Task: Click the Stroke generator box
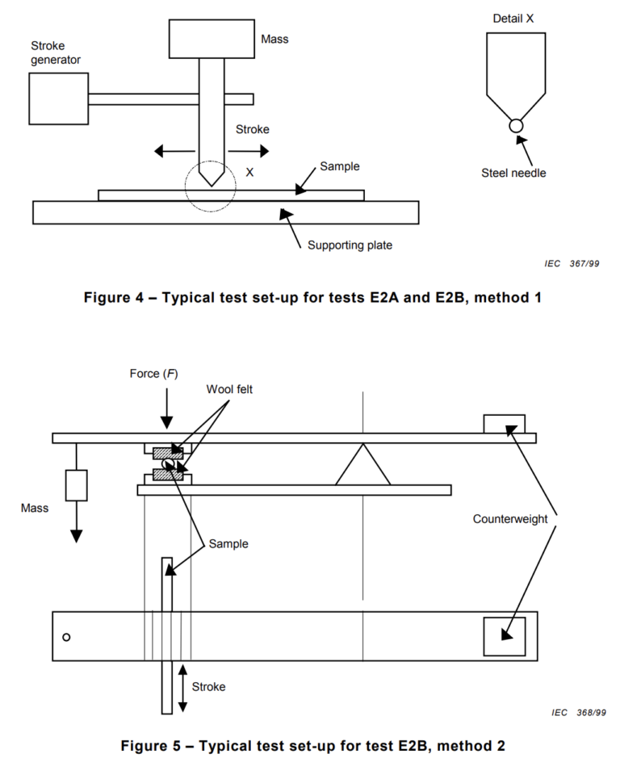point(58,98)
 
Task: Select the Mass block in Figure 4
point(212,38)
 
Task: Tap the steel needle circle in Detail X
point(516,125)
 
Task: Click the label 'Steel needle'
point(513,173)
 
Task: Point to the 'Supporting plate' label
point(350,245)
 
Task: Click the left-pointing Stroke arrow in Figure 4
point(176,151)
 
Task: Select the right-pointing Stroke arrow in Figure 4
point(249,151)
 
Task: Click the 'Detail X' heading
point(513,17)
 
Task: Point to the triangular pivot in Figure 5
point(362,467)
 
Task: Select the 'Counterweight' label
point(510,519)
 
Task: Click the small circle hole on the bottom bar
point(66,637)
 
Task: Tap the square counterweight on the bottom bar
point(504,636)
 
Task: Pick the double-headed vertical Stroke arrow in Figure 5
point(182,688)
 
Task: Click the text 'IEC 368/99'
point(579,713)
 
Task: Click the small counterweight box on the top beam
point(504,424)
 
